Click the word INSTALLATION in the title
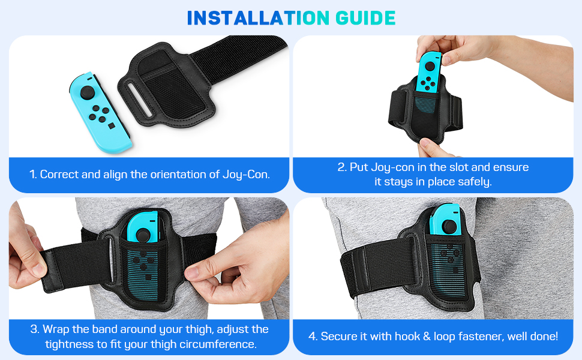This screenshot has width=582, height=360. [259, 18]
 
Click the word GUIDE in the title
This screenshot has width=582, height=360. [365, 18]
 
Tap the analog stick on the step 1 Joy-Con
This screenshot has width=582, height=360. [88, 92]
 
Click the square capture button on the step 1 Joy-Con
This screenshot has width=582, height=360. [112, 126]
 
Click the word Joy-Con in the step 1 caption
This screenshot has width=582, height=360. [246, 175]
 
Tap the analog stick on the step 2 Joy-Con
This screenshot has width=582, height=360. [430, 67]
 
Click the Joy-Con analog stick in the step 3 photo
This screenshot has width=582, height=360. [143, 235]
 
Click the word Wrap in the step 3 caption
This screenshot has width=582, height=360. [56, 329]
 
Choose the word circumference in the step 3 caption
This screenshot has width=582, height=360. [217, 344]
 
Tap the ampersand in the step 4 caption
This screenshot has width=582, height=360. [427, 337]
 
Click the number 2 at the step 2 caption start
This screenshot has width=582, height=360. [342, 167]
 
